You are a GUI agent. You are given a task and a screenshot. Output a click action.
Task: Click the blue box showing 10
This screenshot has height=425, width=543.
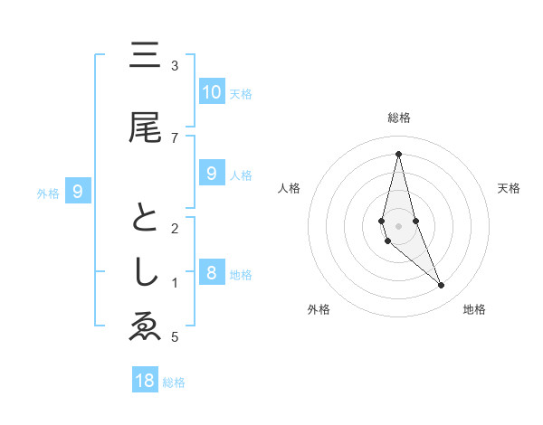coord(211,91)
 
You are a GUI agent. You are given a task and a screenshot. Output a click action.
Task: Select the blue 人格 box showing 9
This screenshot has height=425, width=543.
coord(211,174)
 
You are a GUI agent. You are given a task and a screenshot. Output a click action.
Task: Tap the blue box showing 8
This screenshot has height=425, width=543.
coord(211,273)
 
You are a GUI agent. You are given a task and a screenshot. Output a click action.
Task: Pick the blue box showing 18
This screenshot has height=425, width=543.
coord(145,380)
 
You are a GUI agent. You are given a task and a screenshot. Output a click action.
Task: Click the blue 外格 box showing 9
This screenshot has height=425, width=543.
coord(78,191)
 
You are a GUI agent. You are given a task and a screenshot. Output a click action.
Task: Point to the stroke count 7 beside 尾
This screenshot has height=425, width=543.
coord(175,137)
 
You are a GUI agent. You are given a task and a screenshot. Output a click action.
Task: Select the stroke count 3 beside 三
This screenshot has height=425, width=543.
coord(175,66)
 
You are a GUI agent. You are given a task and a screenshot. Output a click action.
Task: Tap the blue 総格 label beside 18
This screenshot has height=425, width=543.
coord(174,382)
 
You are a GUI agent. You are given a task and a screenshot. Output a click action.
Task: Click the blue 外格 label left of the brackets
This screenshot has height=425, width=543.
coord(48,193)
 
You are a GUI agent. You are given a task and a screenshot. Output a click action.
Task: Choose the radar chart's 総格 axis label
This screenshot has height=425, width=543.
coord(398,118)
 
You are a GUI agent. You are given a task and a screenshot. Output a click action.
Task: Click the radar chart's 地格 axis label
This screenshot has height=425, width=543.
coord(474,309)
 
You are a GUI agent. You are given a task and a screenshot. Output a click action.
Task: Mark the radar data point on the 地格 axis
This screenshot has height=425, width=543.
coord(442,285)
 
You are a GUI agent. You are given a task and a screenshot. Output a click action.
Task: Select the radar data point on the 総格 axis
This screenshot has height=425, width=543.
coord(398,154)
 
